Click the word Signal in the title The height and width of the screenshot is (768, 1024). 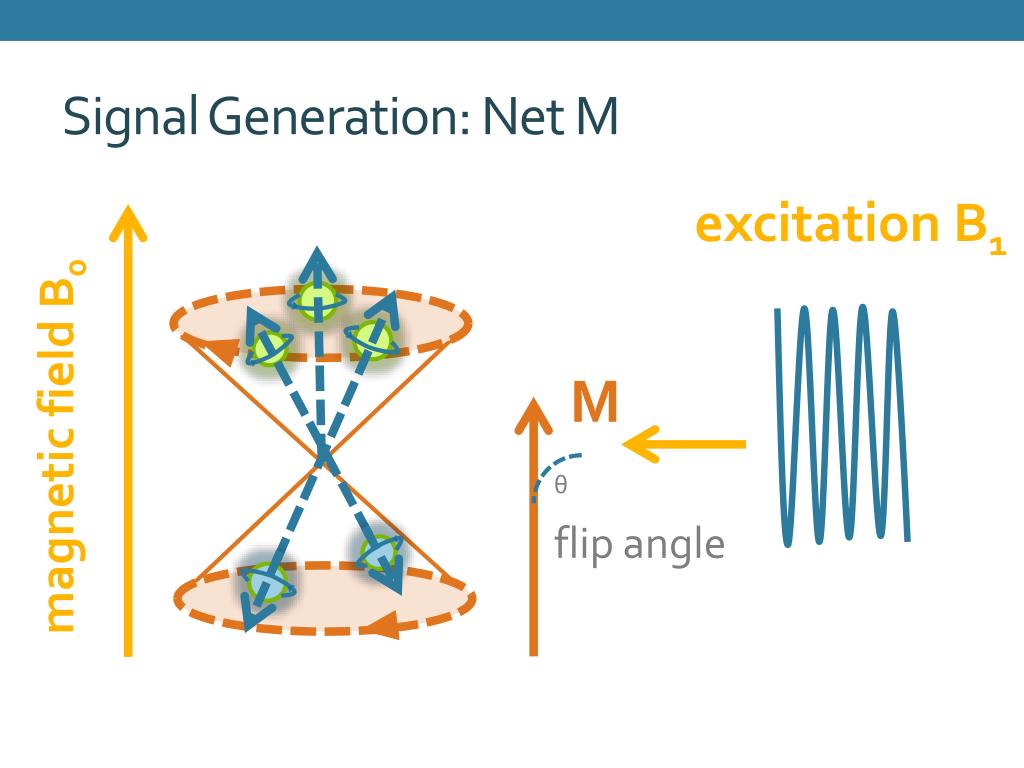pyautogui.click(x=130, y=118)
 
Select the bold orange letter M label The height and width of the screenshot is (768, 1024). pyautogui.click(x=595, y=404)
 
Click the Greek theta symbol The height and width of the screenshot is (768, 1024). pyautogui.click(x=561, y=486)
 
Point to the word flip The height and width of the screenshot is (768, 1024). pyautogui.click(x=581, y=545)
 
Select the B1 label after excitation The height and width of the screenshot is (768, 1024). pyautogui.click(x=980, y=228)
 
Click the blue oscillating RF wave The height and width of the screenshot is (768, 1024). pyautogui.click(x=842, y=424)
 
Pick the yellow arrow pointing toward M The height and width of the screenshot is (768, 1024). pyautogui.click(x=685, y=443)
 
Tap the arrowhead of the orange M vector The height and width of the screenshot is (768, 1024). pyautogui.click(x=533, y=413)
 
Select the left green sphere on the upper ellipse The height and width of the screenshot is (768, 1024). pyautogui.click(x=269, y=347)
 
